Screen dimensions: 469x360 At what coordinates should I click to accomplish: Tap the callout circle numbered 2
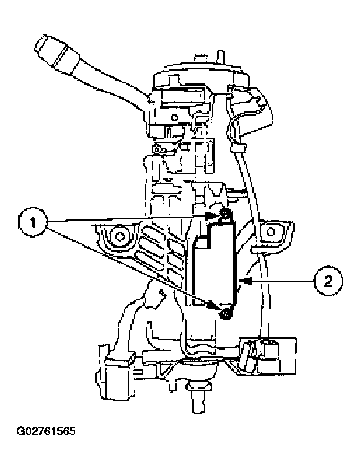click(x=328, y=281)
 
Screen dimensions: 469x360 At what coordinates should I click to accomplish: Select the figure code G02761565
click(x=46, y=432)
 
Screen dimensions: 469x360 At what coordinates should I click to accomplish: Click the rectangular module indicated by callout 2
click(x=214, y=265)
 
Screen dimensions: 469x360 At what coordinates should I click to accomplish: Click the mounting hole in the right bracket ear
click(x=270, y=231)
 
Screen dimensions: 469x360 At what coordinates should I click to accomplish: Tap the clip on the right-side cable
click(x=237, y=147)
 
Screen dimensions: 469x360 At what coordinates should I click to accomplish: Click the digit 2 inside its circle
click(x=328, y=281)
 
